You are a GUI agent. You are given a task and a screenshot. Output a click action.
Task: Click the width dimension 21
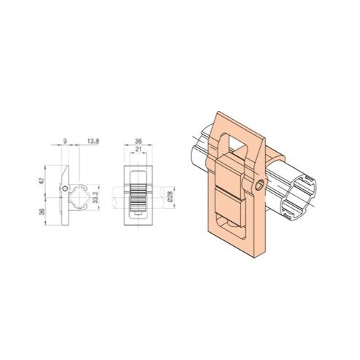point(139,148)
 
